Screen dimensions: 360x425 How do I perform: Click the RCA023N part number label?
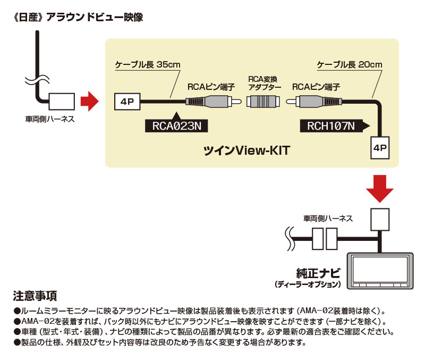(175, 125)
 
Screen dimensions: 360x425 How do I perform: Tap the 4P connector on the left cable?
(127, 101)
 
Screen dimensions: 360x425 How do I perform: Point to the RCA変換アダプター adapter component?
(267, 101)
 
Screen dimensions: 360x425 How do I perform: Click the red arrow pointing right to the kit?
(89, 99)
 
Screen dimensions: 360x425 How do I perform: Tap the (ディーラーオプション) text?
(308, 285)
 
